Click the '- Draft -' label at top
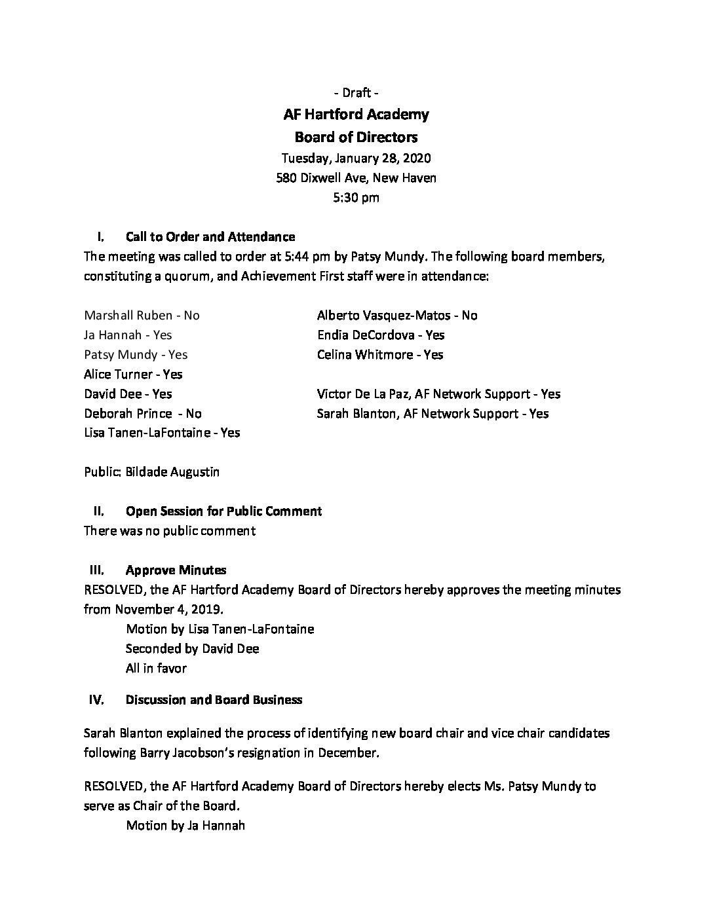coord(356,92)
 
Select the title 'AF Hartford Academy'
coord(356,115)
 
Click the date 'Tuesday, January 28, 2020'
coord(356,158)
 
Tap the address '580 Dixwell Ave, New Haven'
coord(356,177)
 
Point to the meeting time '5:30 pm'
coord(356,197)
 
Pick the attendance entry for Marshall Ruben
coord(142,315)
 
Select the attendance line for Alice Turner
coord(133,374)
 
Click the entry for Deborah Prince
coord(143,413)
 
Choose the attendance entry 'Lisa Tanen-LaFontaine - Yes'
coord(162,433)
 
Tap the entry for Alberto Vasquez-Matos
coord(397,315)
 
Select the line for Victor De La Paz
coord(438,394)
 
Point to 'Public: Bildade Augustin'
coord(151,471)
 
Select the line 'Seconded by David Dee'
coord(192,648)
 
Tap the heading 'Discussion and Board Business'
coord(214,699)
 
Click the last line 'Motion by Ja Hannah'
coord(185,825)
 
